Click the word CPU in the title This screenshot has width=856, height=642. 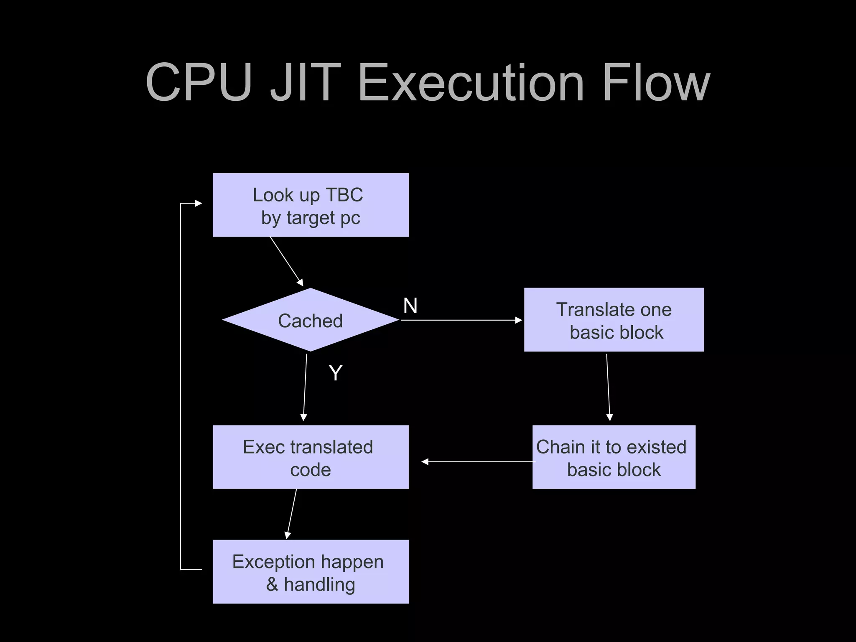(x=199, y=82)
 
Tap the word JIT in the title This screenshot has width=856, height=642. (x=305, y=82)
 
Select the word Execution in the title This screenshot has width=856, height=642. (x=471, y=82)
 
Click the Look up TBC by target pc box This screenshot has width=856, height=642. (x=310, y=205)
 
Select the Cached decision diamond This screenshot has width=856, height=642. (x=310, y=320)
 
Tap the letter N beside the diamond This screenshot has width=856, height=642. (x=410, y=306)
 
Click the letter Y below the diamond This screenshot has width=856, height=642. (x=335, y=373)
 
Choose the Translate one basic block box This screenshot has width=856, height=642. (x=614, y=320)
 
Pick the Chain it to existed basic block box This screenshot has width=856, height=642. (x=614, y=457)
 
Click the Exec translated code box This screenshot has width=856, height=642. (x=310, y=457)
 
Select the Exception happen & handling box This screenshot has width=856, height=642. (x=310, y=572)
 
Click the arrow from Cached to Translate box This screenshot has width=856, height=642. (x=460, y=320)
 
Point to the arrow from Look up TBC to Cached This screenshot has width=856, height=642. (x=286, y=261)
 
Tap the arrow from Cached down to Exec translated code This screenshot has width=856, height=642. (x=305, y=387)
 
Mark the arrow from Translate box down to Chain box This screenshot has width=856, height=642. (x=608, y=387)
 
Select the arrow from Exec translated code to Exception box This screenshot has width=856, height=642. (x=292, y=513)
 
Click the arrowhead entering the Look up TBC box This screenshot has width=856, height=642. (x=198, y=204)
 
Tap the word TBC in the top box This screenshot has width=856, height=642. (x=344, y=195)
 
